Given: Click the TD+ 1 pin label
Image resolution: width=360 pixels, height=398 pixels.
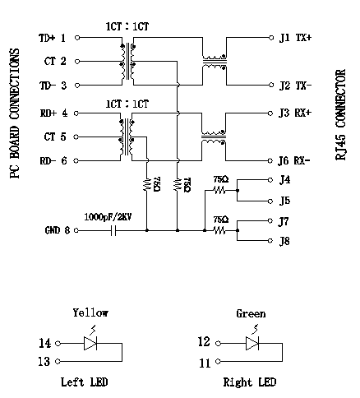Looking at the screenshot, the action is [53, 38].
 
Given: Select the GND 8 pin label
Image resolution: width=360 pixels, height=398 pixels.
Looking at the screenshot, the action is [58, 230].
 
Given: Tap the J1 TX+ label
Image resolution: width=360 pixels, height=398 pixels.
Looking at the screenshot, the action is [295, 38].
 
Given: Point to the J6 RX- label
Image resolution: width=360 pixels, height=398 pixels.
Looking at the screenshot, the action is [294, 160].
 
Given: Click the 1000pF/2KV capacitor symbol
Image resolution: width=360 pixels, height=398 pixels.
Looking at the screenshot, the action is [113, 230].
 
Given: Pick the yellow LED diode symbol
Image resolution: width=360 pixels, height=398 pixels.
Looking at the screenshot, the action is [90, 344].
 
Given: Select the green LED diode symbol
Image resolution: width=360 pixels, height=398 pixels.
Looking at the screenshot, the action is [252, 344].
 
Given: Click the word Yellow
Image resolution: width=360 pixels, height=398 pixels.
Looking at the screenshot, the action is [90, 312].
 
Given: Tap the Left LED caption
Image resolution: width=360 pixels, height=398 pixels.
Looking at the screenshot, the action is [84, 382].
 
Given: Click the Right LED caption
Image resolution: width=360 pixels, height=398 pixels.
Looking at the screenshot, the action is [250, 382].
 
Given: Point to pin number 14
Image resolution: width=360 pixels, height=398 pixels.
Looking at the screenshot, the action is [44, 343].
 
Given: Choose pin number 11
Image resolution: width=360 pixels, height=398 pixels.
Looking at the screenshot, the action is [205, 363].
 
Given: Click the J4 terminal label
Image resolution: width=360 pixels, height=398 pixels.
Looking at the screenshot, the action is [284, 180].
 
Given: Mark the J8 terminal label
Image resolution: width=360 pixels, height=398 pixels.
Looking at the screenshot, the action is [284, 241].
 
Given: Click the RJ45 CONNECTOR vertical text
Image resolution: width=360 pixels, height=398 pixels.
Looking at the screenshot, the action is [340, 114].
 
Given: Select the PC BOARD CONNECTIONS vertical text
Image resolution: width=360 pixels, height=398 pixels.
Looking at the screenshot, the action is [15, 113].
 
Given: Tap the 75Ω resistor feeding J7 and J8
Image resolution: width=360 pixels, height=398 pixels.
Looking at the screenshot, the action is [219, 230].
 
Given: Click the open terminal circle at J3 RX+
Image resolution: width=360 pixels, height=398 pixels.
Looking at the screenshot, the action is [270, 113].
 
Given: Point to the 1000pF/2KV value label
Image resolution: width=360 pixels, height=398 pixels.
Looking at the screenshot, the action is [108, 217].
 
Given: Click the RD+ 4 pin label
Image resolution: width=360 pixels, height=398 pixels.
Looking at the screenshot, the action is [53, 113].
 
